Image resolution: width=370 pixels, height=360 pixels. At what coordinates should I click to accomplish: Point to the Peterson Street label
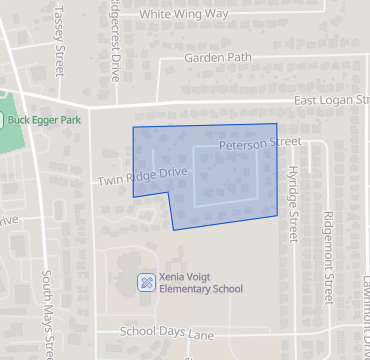coord(259,144)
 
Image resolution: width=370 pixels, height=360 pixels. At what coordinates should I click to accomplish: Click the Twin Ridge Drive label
coord(142,177)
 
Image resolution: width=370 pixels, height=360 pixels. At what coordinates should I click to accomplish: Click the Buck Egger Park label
coord(47,119)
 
